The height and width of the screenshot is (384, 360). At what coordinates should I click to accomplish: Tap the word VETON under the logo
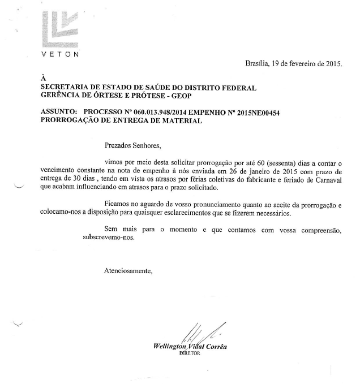pyautogui.click(x=60, y=54)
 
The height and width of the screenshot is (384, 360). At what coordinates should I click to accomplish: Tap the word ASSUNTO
pyautogui.click(x=58, y=113)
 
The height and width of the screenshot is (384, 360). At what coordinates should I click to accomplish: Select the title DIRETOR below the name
pyautogui.click(x=190, y=353)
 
